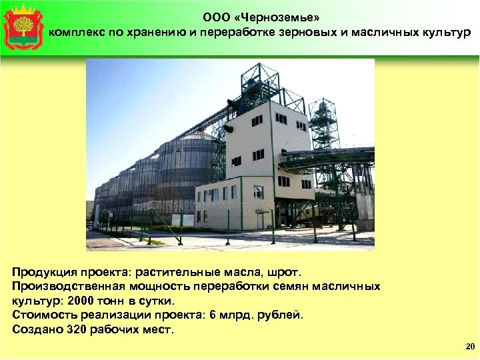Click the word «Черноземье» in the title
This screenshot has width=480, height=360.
click(282, 18)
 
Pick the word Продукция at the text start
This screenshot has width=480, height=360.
click(43, 272)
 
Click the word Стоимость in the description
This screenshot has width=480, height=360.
click(43, 315)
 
